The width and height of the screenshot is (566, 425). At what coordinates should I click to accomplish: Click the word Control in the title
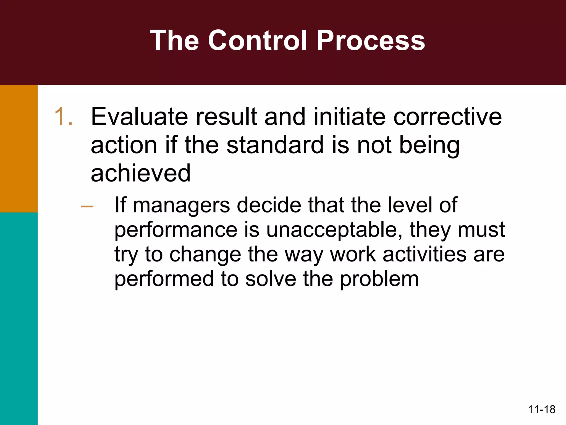[257, 41]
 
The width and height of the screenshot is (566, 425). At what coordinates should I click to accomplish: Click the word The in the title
[174, 41]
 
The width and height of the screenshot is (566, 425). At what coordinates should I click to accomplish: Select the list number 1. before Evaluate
[64, 117]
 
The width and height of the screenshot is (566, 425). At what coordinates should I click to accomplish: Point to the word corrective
[447, 117]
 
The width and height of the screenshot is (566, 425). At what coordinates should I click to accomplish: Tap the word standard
[275, 145]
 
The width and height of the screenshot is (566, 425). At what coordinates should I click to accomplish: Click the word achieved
[141, 173]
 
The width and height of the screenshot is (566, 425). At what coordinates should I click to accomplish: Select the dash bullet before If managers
[87, 206]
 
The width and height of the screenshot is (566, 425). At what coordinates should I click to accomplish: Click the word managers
[181, 205]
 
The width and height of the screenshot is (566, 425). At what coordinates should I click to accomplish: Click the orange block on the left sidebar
[19, 149]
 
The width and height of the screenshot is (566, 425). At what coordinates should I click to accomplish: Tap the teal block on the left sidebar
[19, 318]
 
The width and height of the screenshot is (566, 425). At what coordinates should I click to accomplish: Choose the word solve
[271, 279]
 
